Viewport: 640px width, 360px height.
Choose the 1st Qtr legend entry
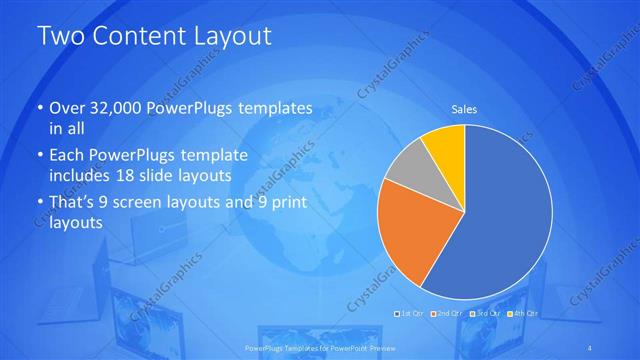point(410,314)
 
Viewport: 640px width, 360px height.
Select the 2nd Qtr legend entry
point(449,314)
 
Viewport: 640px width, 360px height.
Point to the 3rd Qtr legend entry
point(487,314)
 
